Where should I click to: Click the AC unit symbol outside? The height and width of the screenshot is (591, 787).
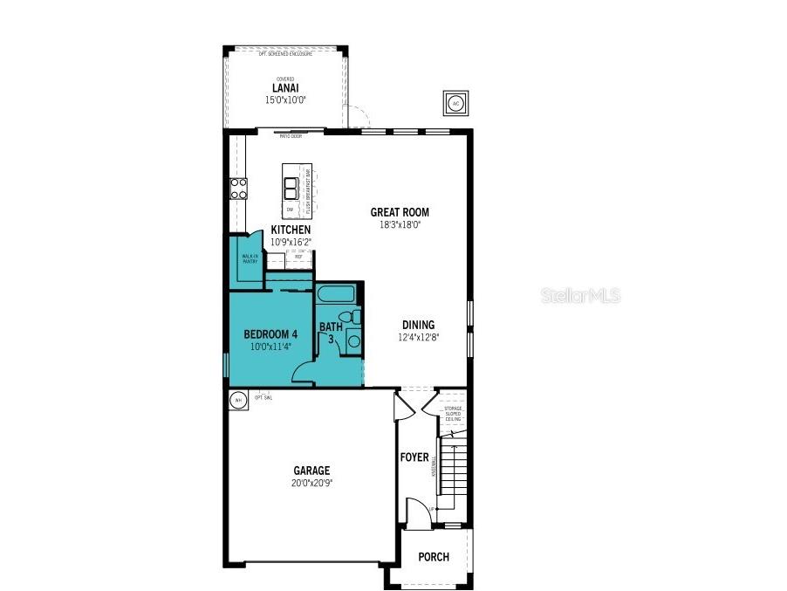455,103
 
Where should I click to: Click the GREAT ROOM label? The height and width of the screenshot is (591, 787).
400,212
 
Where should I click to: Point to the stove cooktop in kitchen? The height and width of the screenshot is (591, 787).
238,189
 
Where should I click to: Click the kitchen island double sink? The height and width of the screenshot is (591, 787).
291,189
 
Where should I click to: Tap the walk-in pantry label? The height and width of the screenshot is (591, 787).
250,258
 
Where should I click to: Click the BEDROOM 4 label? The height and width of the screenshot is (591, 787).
270,333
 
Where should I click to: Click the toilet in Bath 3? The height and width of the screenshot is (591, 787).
346,317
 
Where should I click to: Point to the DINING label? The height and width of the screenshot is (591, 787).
418,325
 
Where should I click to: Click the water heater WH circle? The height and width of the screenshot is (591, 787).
237,401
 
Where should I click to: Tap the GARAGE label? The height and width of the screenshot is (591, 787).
311,471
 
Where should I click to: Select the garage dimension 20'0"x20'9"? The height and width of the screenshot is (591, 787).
311,482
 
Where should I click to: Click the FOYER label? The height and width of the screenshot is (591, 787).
414,457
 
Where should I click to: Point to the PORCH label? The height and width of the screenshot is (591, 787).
434,557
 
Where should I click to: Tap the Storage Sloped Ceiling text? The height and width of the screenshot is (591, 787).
453,414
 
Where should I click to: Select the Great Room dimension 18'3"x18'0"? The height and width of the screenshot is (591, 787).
400,223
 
